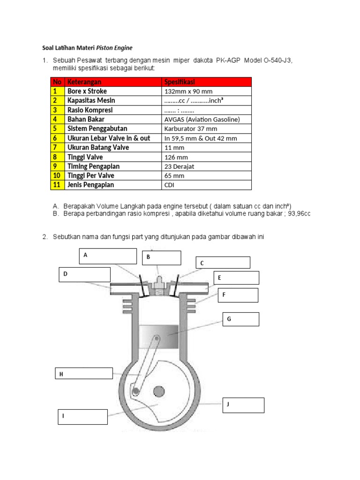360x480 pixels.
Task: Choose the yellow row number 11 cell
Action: [57, 185]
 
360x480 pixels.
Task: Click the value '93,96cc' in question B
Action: [299, 214]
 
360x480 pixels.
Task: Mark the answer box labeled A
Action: [107, 256]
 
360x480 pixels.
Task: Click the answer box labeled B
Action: [161, 258]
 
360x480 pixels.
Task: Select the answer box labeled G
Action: [240, 319]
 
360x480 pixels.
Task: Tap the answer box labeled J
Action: [243, 405]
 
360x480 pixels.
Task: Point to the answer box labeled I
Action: [82, 417]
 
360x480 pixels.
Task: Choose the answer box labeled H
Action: [83, 373]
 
